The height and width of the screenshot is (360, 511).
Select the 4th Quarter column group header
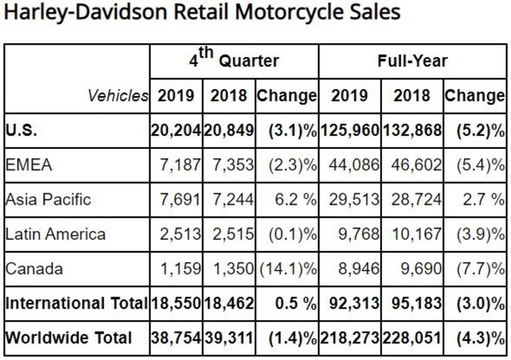click(235, 61)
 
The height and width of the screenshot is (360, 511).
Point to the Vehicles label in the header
click(118, 95)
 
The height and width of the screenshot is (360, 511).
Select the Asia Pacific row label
click(48, 199)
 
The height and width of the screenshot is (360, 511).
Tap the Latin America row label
click(56, 234)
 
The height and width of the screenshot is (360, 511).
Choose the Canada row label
click(34, 268)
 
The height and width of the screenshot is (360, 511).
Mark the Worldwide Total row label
click(68, 338)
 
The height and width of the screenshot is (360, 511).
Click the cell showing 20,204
click(176, 130)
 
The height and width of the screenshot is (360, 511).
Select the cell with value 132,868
click(412, 130)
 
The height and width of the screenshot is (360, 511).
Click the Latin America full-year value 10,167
click(415, 234)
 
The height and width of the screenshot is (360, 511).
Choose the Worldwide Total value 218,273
click(350, 338)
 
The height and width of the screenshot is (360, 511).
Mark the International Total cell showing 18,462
click(229, 303)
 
